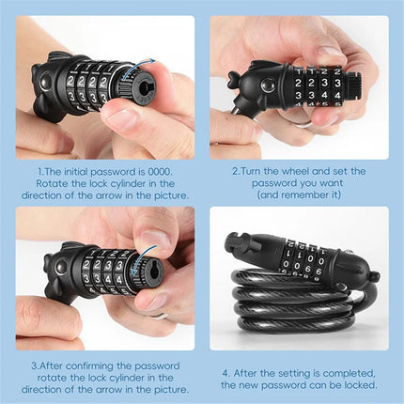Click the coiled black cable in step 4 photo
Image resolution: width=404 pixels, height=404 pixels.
(282, 310)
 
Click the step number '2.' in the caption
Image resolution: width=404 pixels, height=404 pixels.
(236, 171)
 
